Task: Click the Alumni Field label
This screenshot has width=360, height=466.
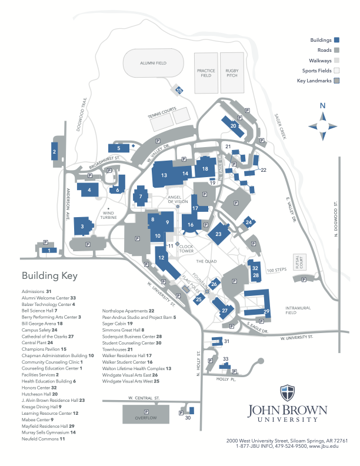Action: (154, 62)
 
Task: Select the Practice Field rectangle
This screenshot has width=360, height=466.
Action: (206, 73)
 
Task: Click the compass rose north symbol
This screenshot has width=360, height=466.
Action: (322, 106)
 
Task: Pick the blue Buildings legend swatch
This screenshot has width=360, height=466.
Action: (337, 40)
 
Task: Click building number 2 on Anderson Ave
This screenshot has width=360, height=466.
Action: (55, 152)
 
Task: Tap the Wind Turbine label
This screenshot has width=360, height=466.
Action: (109, 215)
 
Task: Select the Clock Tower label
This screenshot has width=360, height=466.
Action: (186, 248)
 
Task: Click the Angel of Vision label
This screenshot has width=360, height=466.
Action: (177, 199)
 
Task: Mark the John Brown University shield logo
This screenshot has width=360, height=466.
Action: (287, 392)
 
